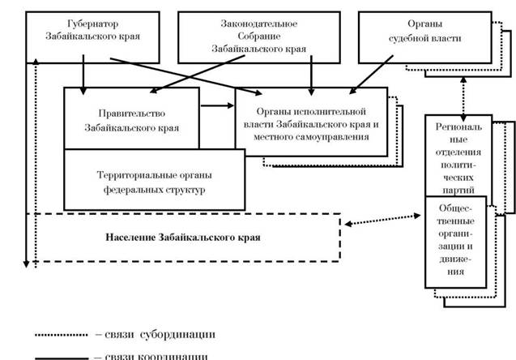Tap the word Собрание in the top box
pyautogui.click(x=244, y=36)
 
